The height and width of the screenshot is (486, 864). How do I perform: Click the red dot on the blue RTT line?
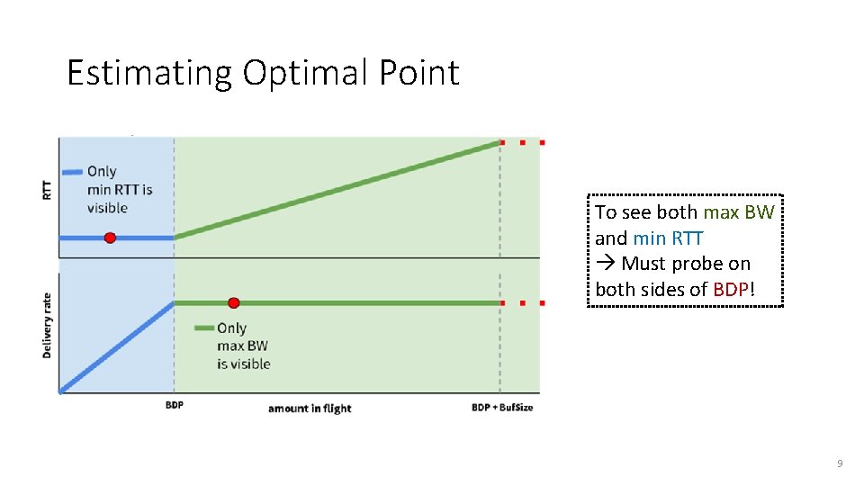[x=110, y=238]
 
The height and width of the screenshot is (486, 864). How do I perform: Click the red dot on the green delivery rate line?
[x=233, y=303]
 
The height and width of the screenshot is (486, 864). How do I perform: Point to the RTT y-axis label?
[x=47, y=189]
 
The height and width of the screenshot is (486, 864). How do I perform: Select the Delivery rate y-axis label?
[x=47, y=325]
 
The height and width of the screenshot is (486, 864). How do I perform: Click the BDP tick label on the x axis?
[x=174, y=406]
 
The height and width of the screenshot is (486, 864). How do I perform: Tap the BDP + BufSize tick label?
[x=502, y=407]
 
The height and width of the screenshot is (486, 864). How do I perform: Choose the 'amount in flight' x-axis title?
[x=310, y=408]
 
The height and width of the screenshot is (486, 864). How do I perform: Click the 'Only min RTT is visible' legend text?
[x=120, y=190]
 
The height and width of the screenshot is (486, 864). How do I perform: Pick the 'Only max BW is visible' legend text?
[x=243, y=346]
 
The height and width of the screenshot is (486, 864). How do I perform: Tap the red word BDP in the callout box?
[x=730, y=290]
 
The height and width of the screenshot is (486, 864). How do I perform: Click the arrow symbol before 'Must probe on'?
[x=605, y=264]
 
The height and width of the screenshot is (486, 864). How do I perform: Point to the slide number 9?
[x=839, y=463]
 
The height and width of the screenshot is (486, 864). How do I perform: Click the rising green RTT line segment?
[x=337, y=190]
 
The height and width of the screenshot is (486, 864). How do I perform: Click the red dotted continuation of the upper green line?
[x=522, y=142]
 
